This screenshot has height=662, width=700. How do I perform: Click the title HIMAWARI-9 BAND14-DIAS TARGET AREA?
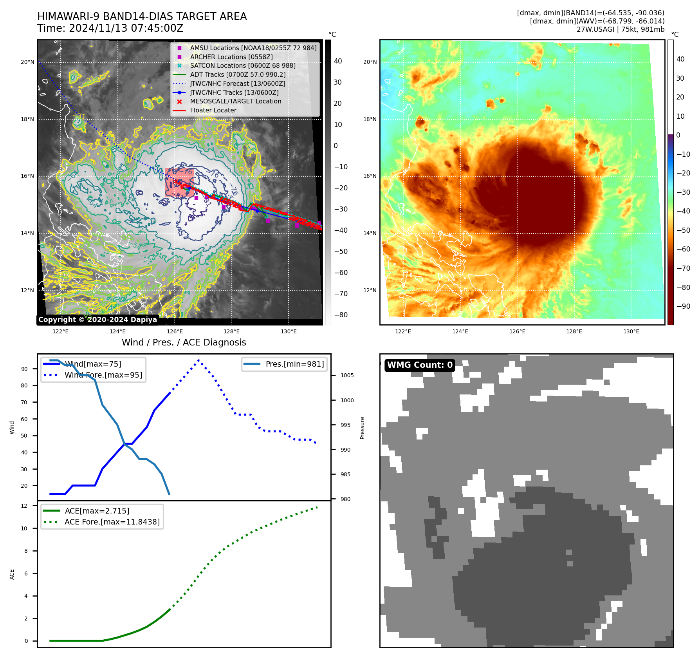142,16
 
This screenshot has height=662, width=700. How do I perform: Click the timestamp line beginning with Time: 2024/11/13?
110,28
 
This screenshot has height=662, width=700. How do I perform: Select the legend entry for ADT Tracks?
238,74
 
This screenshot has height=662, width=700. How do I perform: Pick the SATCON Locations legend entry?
243,65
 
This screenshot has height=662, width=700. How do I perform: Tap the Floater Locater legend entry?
213,110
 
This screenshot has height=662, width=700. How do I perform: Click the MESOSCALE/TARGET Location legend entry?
235,101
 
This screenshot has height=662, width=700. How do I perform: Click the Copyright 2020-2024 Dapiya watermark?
97,320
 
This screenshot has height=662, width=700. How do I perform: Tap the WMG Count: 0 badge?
420,365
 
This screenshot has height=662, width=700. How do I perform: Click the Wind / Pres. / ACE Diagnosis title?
184,342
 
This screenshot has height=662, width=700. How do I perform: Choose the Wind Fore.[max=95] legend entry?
103,375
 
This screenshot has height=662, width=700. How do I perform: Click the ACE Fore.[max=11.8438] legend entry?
112,522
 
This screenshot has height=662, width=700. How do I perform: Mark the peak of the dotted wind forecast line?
199,360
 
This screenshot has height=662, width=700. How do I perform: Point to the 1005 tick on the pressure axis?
347,375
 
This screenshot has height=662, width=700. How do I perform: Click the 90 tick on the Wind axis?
25,369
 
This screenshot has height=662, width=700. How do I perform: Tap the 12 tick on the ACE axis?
25,506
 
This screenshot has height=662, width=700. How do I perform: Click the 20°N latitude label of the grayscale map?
27,62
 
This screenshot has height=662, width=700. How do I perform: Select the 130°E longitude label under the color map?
631,331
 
